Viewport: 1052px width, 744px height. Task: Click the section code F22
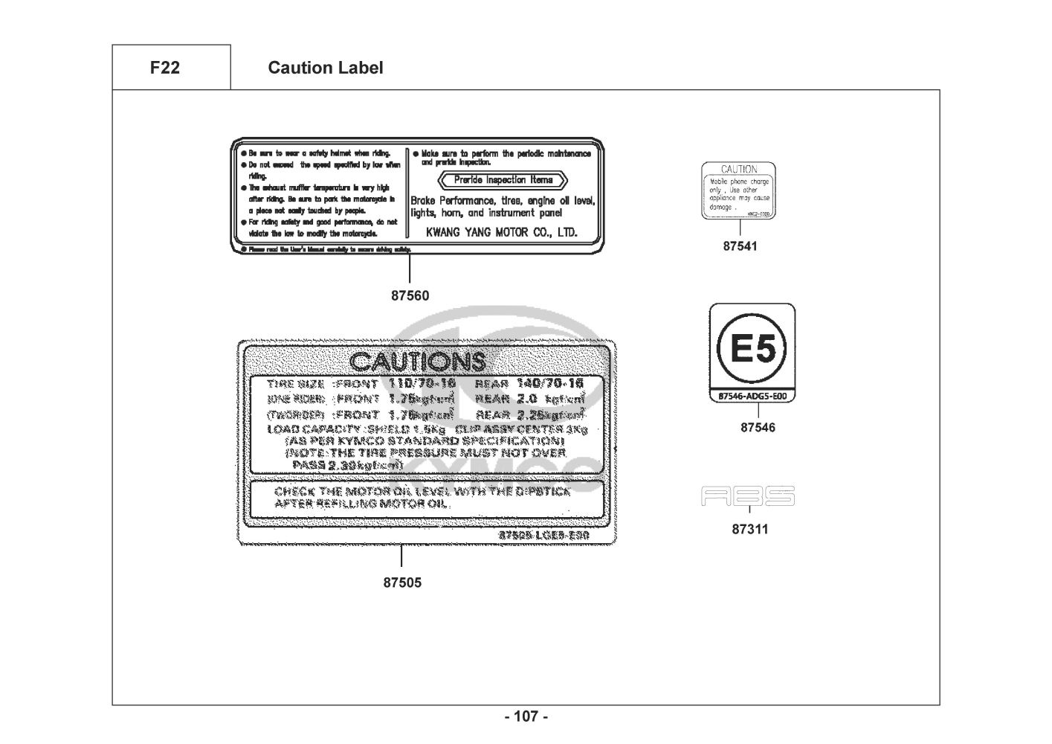tap(164, 68)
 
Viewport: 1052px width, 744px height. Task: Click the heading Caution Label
tap(325, 68)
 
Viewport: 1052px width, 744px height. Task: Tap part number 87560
tap(410, 295)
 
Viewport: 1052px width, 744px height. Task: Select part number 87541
tap(740, 246)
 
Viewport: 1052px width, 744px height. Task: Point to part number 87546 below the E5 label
tap(758, 428)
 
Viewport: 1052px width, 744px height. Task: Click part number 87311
tap(750, 530)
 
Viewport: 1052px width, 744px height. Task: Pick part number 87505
tap(402, 583)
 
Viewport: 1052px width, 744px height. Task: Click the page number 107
tap(526, 716)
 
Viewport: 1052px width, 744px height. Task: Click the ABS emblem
tap(748, 496)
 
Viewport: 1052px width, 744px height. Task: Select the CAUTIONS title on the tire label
tap(417, 362)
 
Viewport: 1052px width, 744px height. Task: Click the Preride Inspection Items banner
tap(503, 180)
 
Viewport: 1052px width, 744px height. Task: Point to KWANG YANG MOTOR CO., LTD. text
tap(501, 232)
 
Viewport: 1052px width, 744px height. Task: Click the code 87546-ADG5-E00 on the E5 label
tap(752, 396)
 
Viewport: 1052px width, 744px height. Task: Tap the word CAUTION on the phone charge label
tap(739, 169)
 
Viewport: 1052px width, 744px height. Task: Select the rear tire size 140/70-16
tap(549, 383)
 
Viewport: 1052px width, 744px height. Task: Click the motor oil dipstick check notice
tap(422, 498)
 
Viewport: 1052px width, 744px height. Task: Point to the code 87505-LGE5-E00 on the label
tap(543, 536)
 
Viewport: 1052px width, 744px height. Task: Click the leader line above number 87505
tap(401, 557)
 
